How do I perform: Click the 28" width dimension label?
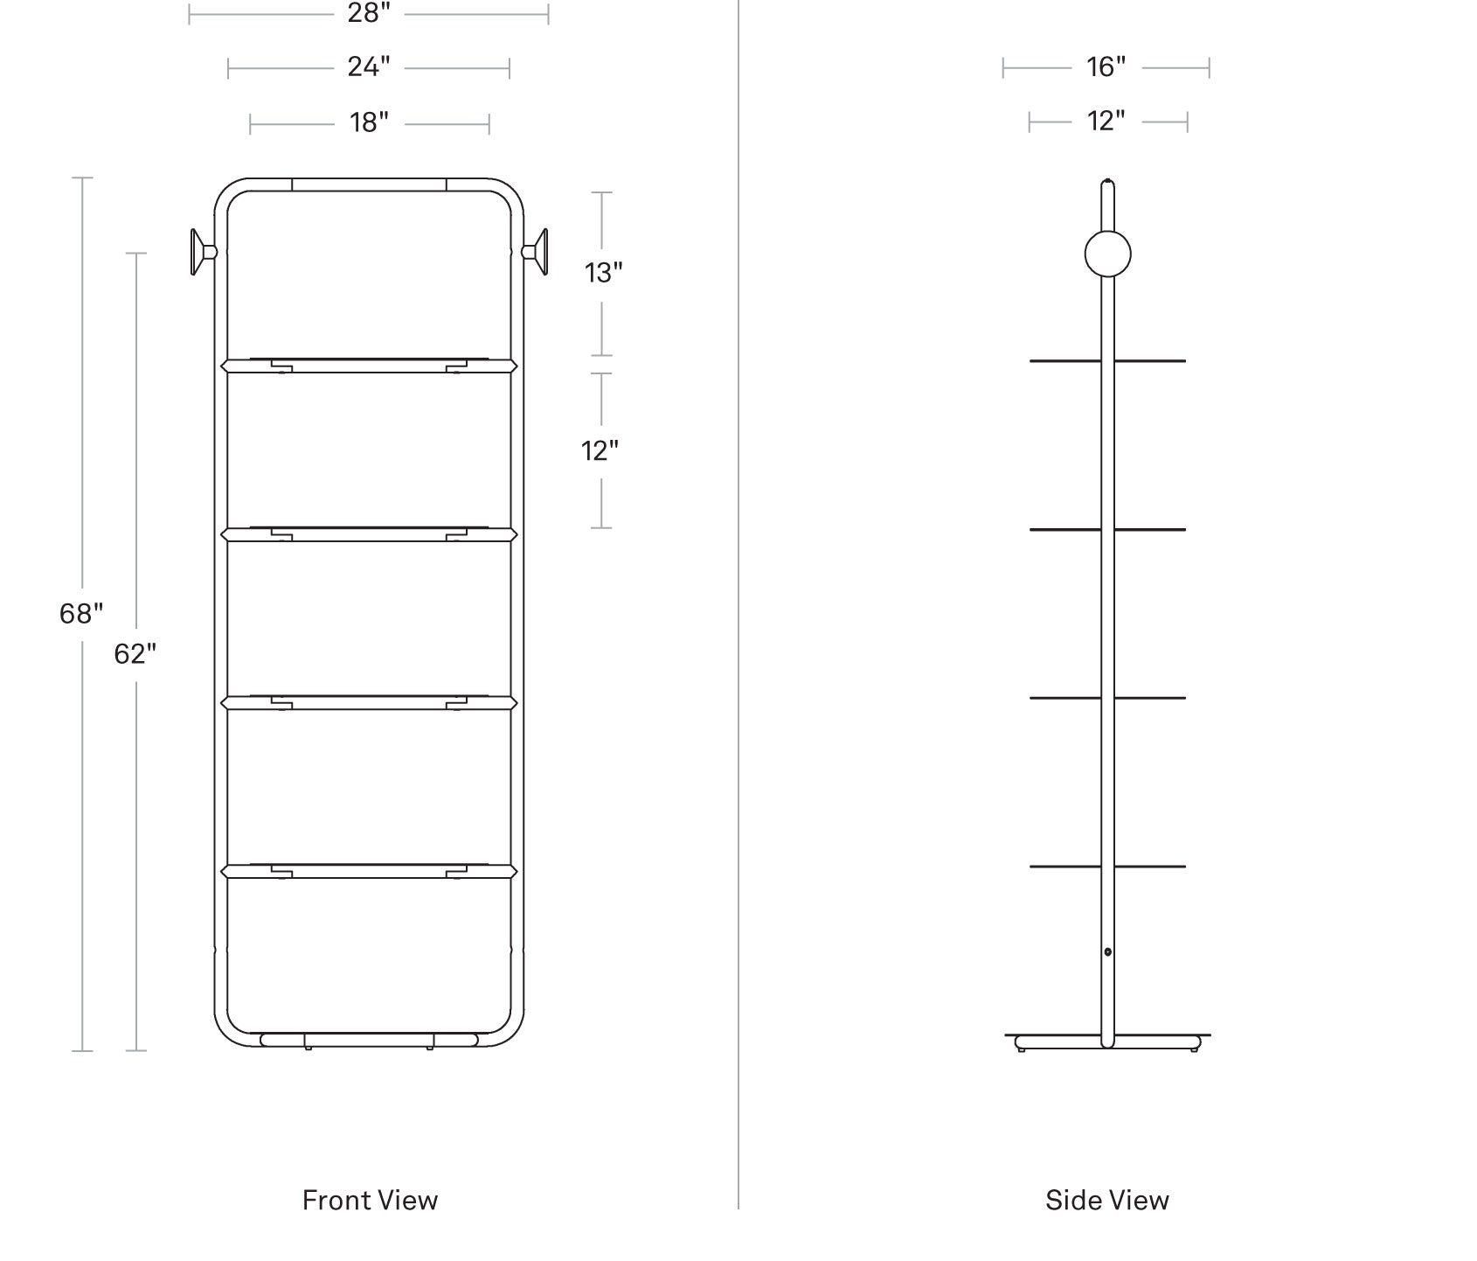(x=369, y=13)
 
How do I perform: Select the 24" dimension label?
(x=369, y=66)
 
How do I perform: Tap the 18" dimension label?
(x=369, y=122)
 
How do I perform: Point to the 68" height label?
(x=81, y=614)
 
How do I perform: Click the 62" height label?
(x=135, y=653)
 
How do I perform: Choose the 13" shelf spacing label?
(x=603, y=273)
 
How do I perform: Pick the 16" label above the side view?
(x=1106, y=66)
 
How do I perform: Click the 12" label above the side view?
(x=1106, y=121)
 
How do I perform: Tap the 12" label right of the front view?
(x=600, y=450)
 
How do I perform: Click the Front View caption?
(x=370, y=1200)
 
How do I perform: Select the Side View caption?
(x=1107, y=1200)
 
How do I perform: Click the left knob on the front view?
(x=203, y=252)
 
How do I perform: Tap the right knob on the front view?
(x=535, y=252)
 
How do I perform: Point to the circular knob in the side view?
(x=1107, y=254)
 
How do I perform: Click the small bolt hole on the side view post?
(x=1107, y=951)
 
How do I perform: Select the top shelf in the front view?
(x=369, y=364)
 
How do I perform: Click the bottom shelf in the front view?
(x=369, y=871)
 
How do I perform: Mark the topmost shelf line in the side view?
(x=1107, y=360)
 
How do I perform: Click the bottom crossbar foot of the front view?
(x=369, y=1040)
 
